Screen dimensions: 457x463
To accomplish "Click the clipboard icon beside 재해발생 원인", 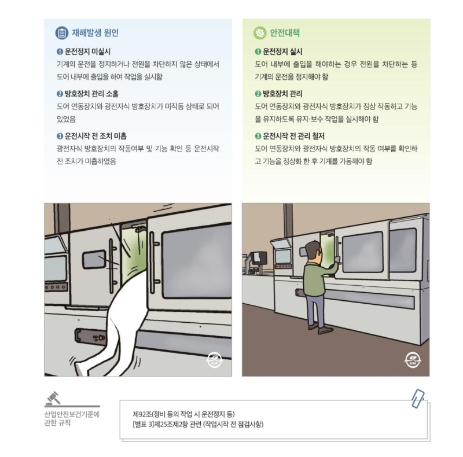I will click(x=61, y=33).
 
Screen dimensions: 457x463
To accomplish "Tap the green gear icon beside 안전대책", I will click(x=260, y=33).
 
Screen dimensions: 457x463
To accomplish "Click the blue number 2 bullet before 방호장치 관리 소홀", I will click(x=60, y=94).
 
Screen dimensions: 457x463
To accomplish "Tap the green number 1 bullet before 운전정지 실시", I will click(x=258, y=51).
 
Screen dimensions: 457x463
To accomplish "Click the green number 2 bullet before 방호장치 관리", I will click(x=258, y=94).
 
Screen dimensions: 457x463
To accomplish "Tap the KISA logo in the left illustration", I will click(x=214, y=361).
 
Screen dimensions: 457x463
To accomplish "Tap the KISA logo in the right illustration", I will click(x=411, y=361).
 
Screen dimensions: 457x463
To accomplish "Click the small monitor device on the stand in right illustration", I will click(x=259, y=257).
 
